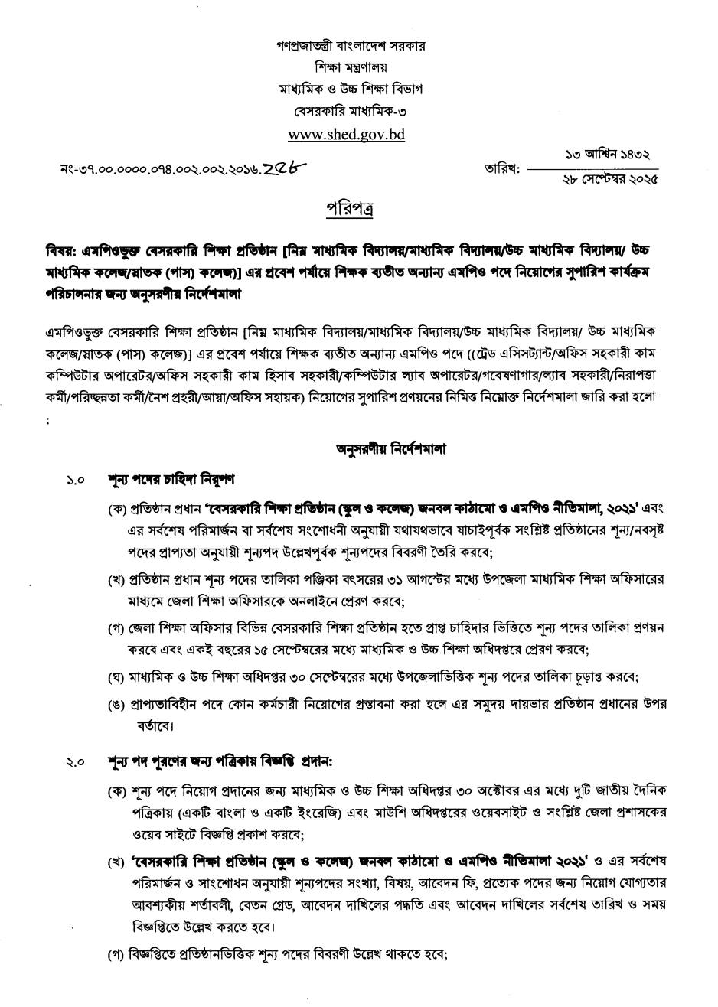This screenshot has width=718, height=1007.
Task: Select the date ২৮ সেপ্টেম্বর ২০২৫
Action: (x=608, y=180)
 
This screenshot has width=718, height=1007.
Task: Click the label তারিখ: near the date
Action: (x=501, y=168)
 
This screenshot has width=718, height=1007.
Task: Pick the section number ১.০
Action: (x=75, y=481)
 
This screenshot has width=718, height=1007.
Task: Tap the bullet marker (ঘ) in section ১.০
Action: (x=116, y=677)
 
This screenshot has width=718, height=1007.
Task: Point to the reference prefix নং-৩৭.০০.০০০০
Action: (x=100, y=168)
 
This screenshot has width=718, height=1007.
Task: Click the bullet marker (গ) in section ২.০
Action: (x=116, y=955)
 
